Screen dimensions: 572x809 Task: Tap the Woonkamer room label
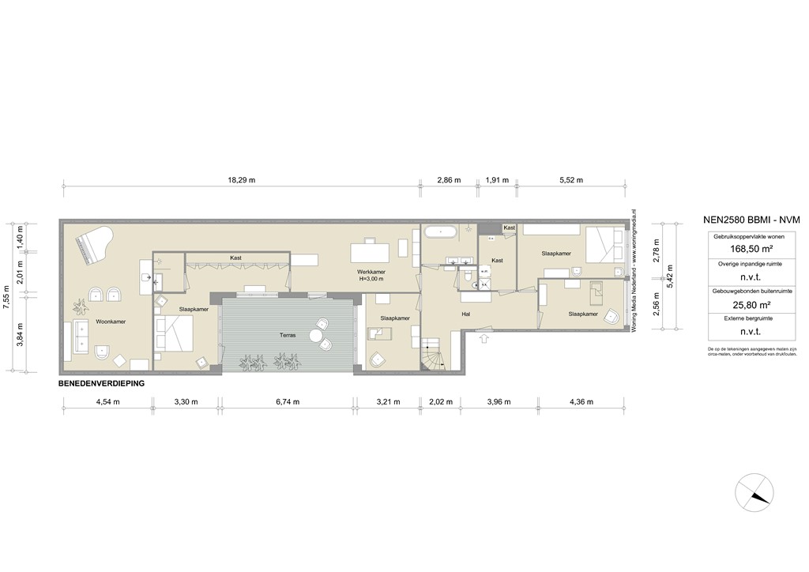point(111,322)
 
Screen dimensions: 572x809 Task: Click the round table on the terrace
point(317,336)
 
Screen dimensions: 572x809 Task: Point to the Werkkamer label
point(371,271)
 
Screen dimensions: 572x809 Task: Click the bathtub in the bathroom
point(440,232)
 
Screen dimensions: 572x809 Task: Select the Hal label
point(466,313)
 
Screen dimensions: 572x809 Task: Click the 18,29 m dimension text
point(242,180)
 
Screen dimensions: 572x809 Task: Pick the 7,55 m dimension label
point(6,294)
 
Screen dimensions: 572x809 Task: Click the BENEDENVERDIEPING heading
point(106,383)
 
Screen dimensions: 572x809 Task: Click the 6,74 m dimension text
point(288,402)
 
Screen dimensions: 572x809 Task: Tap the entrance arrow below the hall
point(484,338)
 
